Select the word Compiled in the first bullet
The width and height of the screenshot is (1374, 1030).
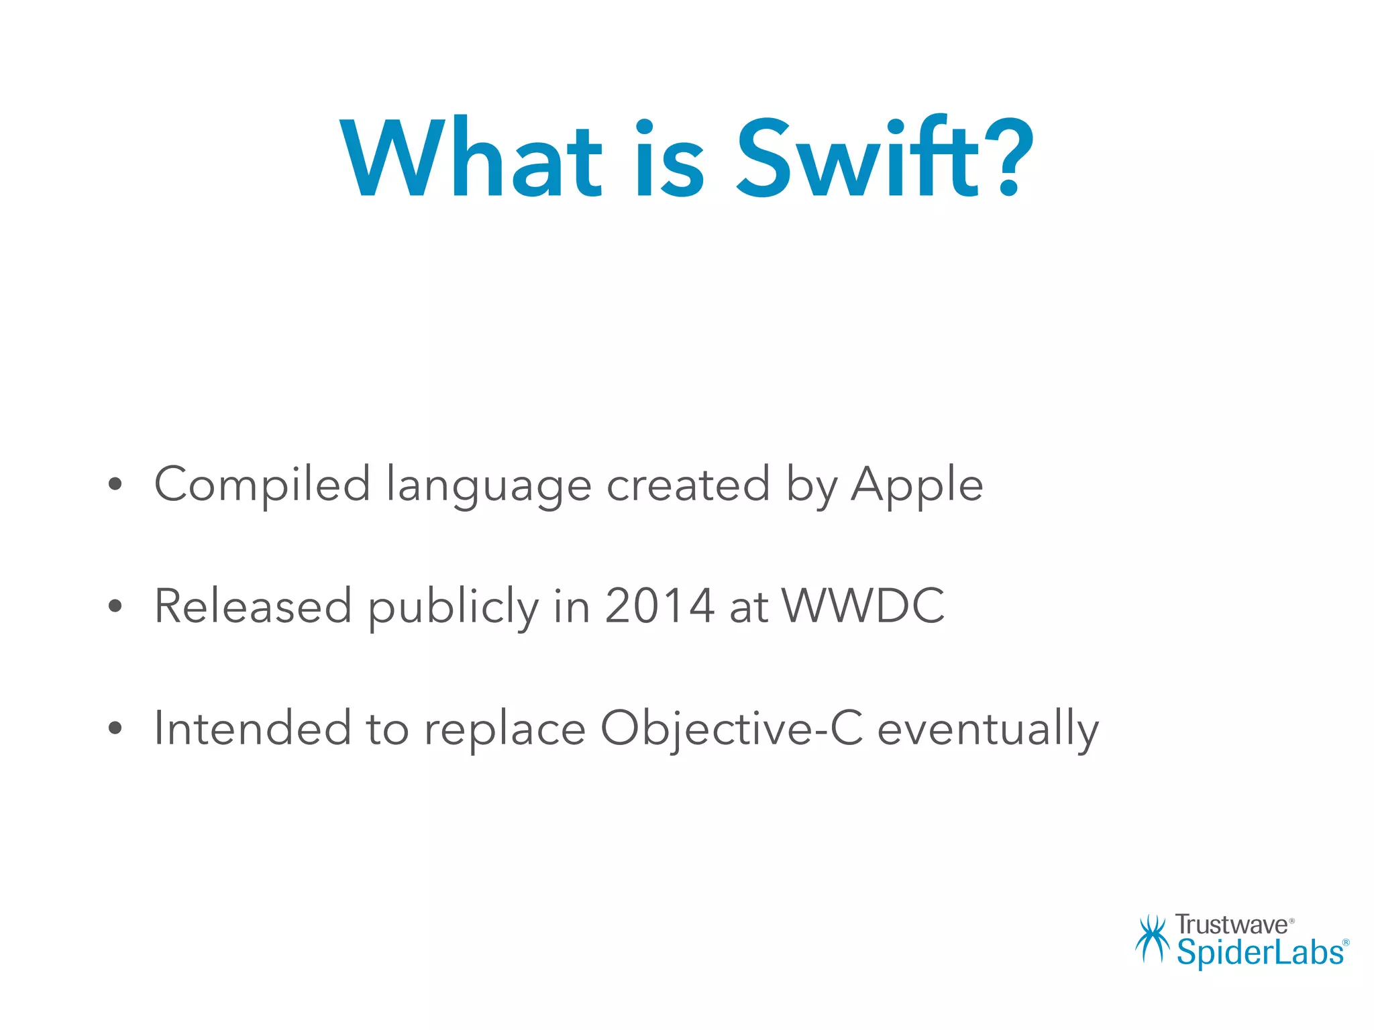click(x=262, y=485)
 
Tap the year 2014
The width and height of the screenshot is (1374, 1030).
click(x=659, y=606)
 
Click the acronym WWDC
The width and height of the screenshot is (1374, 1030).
click(x=863, y=606)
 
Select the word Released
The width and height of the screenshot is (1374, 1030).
click(x=253, y=606)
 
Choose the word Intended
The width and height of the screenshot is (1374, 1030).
click(x=252, y=728)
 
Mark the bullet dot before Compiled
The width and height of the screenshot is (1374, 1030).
click(x=115, y=484)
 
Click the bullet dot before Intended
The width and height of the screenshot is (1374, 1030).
click(x=115, y=728)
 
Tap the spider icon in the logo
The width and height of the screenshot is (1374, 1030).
click(x=1152, y=939)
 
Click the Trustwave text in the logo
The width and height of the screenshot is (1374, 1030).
click(x=1231, y=925)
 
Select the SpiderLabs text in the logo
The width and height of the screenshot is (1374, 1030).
click(x=1259, y=953)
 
